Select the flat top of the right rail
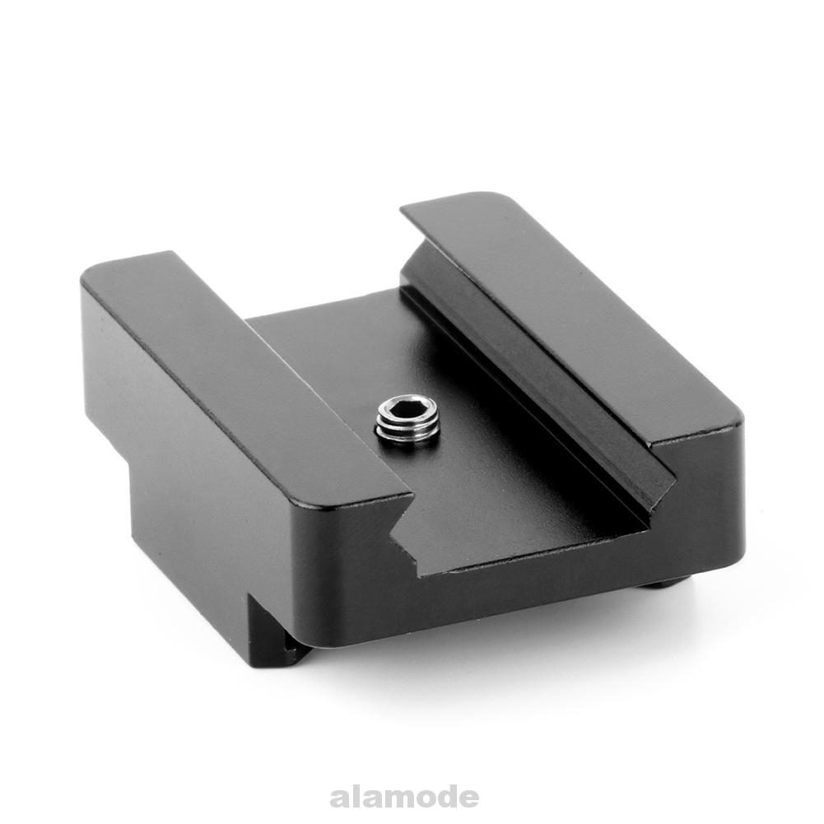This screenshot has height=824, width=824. point(576,313)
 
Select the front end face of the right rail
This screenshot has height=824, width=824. point(708,494)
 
